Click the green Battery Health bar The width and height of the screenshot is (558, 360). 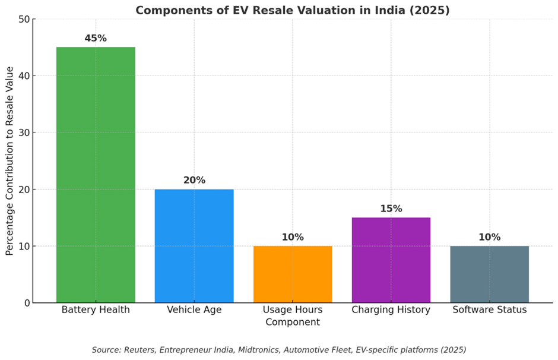pyautogui.click(x=96, y=175)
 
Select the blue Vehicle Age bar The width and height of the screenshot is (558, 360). pyautogui.click(x=194, y=246)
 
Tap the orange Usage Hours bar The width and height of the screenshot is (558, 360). pyautogui.click(x=293, y=274)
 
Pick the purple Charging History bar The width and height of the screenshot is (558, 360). pyautogui.click(x=391, y=260)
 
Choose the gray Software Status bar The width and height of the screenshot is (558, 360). pyautogui.click(x=490, y=274)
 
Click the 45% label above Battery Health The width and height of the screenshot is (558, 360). pyautogui.click(x=96, y=38)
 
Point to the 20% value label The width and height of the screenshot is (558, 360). pyautogui.click(x=194, y=180)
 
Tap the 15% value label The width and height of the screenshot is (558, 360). pyautogui.click(x=391, y=209)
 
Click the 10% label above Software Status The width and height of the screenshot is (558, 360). pyautogui.click(x=490, y=237)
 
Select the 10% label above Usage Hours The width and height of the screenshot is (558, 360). pyautogui.click(x=293, y=237)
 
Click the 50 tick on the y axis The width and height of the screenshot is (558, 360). pyautogui.click(x=24, y=19)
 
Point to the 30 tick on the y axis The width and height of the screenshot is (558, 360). pyautogui.click(x=24, y=132)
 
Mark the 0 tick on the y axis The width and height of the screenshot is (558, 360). pyautogui.click(x=27, y=303)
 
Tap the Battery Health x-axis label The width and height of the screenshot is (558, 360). pyautogui.click(x=96, y=310)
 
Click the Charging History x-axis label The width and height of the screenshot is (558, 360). pyautogui.click(x=391, y=310)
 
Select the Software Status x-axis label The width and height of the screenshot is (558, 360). pyautogui.click(x=490, y=310)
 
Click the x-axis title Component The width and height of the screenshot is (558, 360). pyautogui.click(x=293, y=322)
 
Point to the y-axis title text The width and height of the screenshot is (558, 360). pyautogui.click(x=9, y=161)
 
